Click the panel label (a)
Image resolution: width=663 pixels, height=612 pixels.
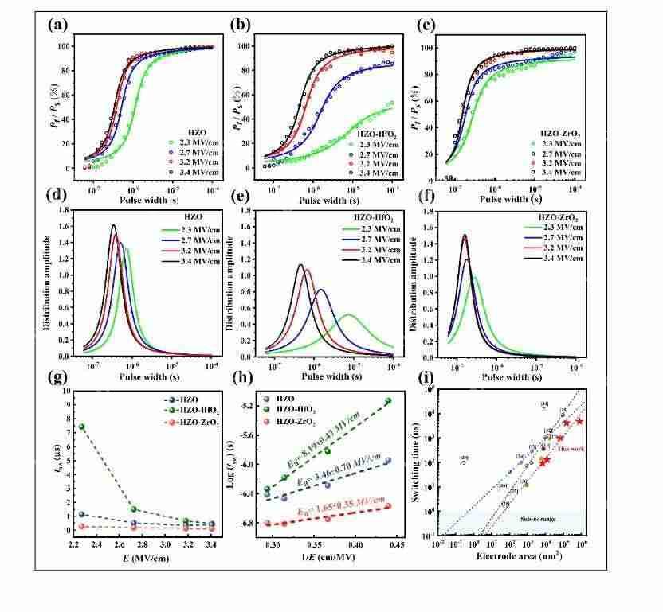coord(58,24)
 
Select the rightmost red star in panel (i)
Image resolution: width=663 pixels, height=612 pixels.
coord(579,421)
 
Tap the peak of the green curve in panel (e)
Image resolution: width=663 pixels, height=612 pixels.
coord(348,314)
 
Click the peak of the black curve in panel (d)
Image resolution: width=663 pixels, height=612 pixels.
coord(113,225)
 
